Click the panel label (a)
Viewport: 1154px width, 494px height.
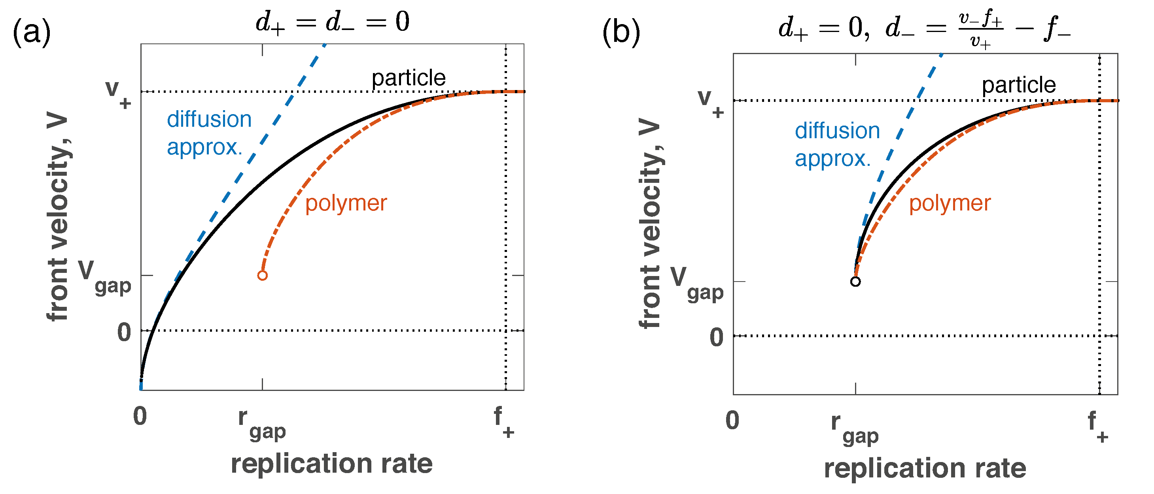pyautogui.click(x=31, y=32)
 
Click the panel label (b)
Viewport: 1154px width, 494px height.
pyautogui.click(x=621, y=32)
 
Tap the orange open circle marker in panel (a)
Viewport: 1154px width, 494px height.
pyautogui.click(x=263, y=275)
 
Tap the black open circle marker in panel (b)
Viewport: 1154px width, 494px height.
pyautogui.click(x=855, y=282)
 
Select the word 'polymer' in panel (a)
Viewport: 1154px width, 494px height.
pyautogui.click(x=346, y=204)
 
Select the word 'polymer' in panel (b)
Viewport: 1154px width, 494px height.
pyautogui.click(x=950, y=204)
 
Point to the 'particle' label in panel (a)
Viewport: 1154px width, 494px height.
pyautogui.click(x=409, y=78)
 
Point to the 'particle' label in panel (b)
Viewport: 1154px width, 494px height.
pyautogui.click(x=1019, y=85)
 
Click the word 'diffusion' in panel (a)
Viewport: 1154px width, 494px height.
pyautogui.click(x=209, y=120)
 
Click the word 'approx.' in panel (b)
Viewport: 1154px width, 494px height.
pyautogui.click(x=833, y=158)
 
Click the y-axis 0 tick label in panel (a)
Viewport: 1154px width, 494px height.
pyautogui.click(x=124, y=332)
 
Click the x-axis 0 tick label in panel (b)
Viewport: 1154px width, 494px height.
pyautogui.click(x=732, y=421)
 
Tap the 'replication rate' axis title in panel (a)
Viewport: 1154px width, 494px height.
pyautogui.click(x=331, y=464)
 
